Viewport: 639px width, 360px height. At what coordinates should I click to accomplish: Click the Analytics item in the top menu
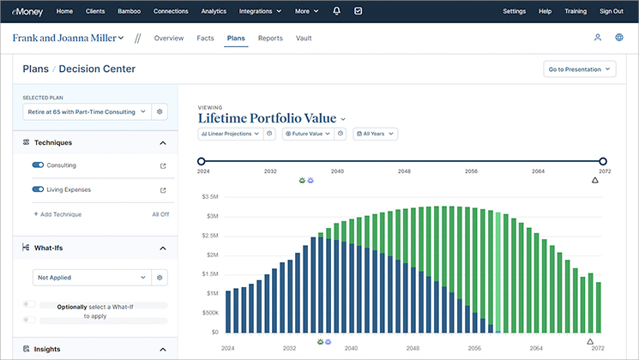pos(214,11)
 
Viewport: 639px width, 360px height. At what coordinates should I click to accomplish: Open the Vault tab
pos(304,39)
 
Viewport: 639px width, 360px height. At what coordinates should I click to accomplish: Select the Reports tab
pos(270,39)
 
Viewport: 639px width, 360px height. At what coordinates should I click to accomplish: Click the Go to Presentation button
pos(580,69)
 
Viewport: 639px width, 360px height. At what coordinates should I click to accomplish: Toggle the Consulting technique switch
pos(38,165)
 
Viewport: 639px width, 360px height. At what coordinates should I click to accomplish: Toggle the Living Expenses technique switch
pos(38,189)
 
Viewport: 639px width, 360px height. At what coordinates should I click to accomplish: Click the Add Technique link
pos(57,214)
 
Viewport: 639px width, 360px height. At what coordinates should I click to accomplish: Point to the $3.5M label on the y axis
pos(209,196)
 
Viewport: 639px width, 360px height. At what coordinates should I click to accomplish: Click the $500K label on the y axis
pos(209,313)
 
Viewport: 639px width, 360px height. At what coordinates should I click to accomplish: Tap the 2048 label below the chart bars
pos(413,349)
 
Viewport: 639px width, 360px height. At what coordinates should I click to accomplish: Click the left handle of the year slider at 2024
pos(201,161)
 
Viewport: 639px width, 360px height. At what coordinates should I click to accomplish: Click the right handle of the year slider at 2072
pos(603,161)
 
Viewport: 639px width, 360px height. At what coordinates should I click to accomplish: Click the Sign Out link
pos(612,11)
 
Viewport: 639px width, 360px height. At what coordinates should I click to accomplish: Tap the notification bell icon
pos(336,11)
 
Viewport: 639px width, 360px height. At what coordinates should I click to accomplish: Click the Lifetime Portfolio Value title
pos(268,118)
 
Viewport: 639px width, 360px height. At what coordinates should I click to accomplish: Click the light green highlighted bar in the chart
pos(497,271)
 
